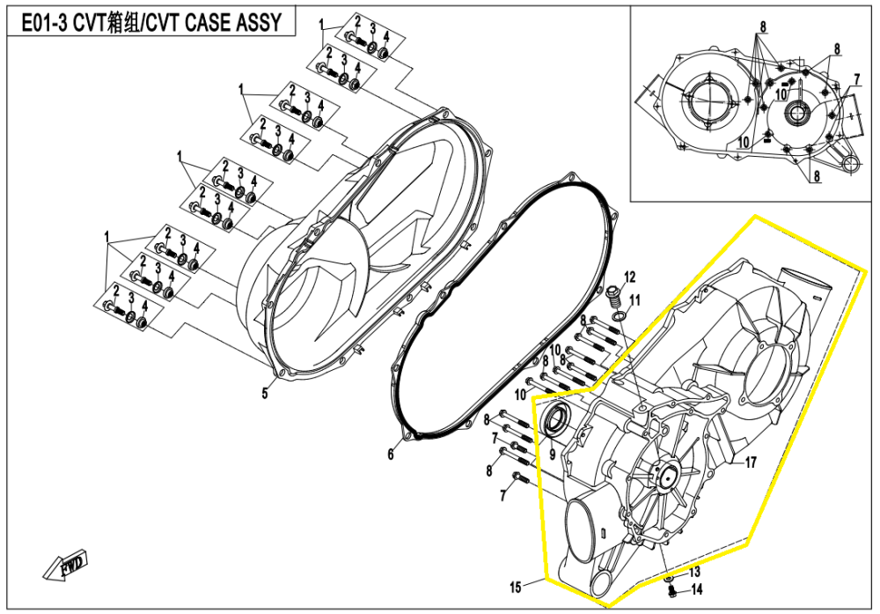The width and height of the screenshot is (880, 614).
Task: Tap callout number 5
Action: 264,394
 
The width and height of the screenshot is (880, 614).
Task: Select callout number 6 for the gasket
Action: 392,455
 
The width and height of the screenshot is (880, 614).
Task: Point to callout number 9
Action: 552,455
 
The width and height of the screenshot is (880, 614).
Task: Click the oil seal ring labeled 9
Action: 554,420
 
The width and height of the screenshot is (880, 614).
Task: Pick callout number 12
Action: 629,278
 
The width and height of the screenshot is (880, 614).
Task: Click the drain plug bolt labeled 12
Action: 614,292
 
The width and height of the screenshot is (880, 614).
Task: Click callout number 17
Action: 751,462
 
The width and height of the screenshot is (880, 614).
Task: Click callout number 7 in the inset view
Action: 856,79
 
